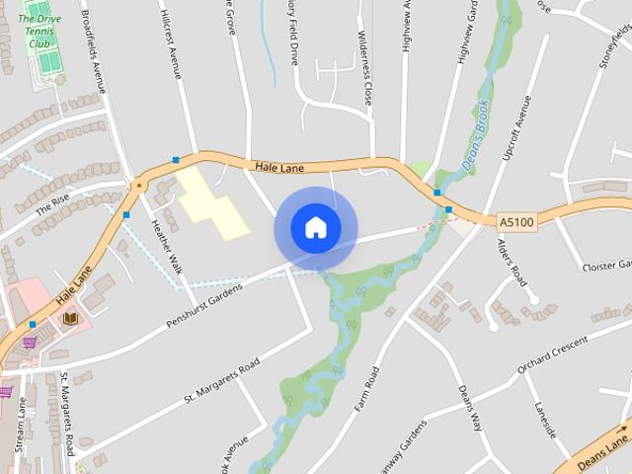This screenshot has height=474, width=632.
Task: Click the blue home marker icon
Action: [x=316, y=228]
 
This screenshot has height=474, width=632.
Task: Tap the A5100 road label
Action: [x=516, y=222]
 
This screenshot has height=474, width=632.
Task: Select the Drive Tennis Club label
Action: [x=39, y=25]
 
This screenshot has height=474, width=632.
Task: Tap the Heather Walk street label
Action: [x=166, y=246]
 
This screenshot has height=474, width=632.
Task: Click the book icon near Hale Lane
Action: [x=70, y=318]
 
